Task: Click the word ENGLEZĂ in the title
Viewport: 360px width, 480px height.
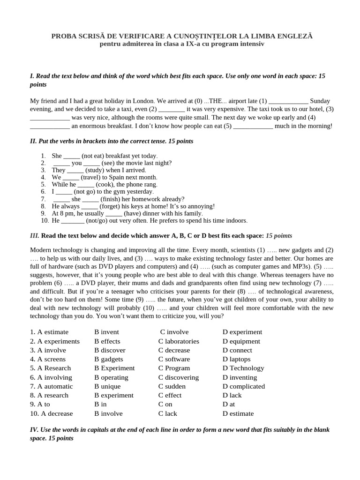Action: coord(294,36)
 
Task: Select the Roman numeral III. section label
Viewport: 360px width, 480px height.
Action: coord(35,235)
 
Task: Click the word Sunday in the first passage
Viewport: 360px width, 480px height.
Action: coord(320,101)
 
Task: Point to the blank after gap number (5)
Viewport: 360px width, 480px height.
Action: coord(253,126)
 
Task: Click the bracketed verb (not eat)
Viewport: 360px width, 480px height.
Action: coord(93,156)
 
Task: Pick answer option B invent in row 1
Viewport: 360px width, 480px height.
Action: coord(106,332)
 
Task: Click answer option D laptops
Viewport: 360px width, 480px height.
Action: coord(237,359)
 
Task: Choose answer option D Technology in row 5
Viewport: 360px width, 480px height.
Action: coord(243,368)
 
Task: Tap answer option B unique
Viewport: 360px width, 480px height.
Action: coord(107,386)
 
